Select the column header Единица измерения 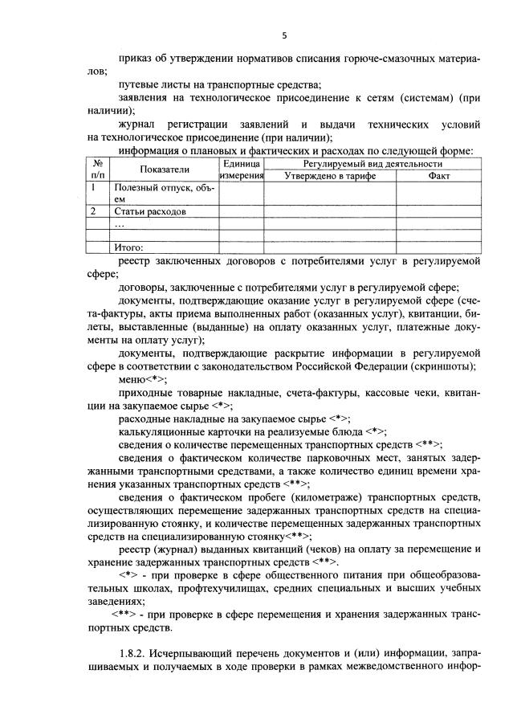click(x=242, y=169)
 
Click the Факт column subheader click(x=439, y=175)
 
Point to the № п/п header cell click(x=98, y=169)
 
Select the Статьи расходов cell click(x=150, y=212)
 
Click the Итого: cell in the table click(x=128, y=247)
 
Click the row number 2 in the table click(x=94, y=212)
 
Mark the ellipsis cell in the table click(x=120, y=224)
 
